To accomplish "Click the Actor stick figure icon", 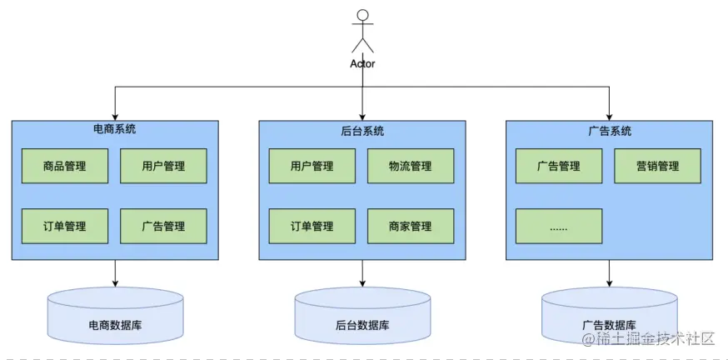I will click(x=362, y=31).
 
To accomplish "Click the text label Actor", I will click(x=362, y=63).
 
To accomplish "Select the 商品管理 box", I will click(x=64, y=166).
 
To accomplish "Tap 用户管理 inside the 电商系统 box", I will click(x=163, y=166).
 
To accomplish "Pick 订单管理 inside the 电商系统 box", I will click(x=64, y=226).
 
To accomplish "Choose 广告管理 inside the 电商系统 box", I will click(x=163, y=226).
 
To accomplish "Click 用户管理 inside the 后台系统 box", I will click(x=312, y=166).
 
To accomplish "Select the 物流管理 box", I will click(x=411, y=166).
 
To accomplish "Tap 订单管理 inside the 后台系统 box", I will click(x=312, y=226).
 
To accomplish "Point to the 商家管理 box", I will click(x=411, y=226).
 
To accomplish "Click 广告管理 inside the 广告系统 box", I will click(x=559, y=166).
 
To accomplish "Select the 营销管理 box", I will click(x=657, y=166).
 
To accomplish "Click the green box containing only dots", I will click(x=559, y=226).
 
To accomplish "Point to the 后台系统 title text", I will click(x=362, y=131).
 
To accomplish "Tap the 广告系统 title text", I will click(x=610, y=131).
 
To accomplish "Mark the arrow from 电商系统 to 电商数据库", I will click(x=115, y=272).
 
